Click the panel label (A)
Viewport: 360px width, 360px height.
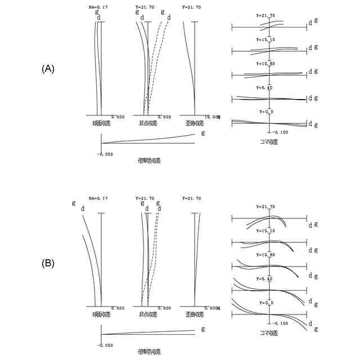(48, 69)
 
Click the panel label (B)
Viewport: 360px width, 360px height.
(48, 263)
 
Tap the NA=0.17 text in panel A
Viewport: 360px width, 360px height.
(98, 7)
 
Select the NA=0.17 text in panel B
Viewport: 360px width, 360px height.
(98, 198)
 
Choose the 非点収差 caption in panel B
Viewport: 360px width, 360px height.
(147, 313)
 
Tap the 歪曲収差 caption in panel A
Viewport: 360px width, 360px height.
(194, 122)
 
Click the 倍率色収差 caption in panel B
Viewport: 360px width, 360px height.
(149, 352)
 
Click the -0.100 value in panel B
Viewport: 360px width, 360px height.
(280, 324)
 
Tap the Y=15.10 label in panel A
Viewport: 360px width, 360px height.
(265, 40)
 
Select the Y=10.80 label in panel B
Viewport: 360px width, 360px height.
(265, 255)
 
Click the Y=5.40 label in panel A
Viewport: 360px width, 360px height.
(265, 88)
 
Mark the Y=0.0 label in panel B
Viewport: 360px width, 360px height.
(265, 303)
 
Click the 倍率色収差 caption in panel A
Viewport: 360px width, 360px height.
(149, 160)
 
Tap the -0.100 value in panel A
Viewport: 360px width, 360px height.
(280, 132)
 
